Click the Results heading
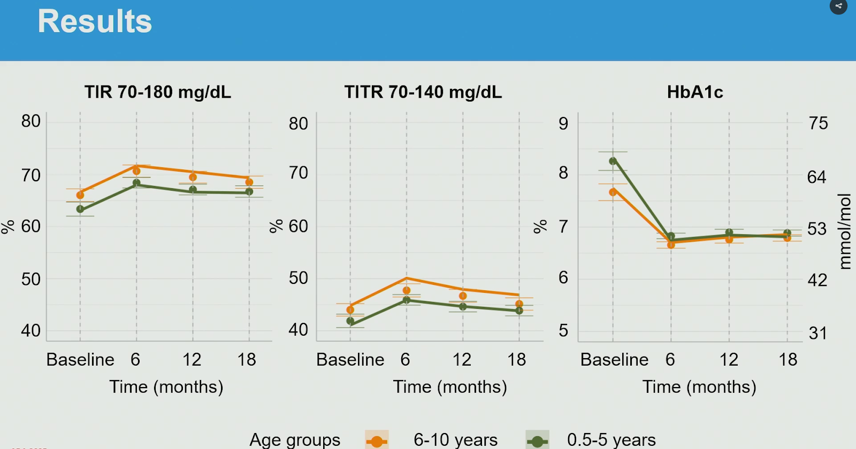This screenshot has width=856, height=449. (x=95, y=22)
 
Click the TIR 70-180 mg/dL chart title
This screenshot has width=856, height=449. (x=158, y=92)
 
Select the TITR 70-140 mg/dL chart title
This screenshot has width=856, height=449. (x=423, y=92)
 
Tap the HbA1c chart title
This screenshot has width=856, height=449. (x=695, y=92)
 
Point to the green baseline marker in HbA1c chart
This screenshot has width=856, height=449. (x=613, y=161)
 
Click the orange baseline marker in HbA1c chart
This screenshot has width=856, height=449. (x=613, y=192)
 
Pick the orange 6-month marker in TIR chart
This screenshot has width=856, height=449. (x=136, y=171)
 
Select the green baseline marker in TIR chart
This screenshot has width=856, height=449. (x=80, y=209)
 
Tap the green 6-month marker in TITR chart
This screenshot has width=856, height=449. (x=407, y=300)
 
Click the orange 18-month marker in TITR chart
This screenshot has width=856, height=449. (x=519, y=304)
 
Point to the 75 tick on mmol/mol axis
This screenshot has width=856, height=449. (x=818, y=123)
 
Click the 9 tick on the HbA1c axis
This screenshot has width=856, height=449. (x=563, y=123)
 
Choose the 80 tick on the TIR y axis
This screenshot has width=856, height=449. (x=31, y=121)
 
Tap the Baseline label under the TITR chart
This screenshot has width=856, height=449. (x=350, y=360)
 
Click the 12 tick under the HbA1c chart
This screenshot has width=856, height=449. (x=729, y=360)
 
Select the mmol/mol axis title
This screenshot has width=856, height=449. (x=845, y=231)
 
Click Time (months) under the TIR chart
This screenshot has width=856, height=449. (x=166, y=386)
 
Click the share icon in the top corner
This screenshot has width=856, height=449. (x=838, y=6)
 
